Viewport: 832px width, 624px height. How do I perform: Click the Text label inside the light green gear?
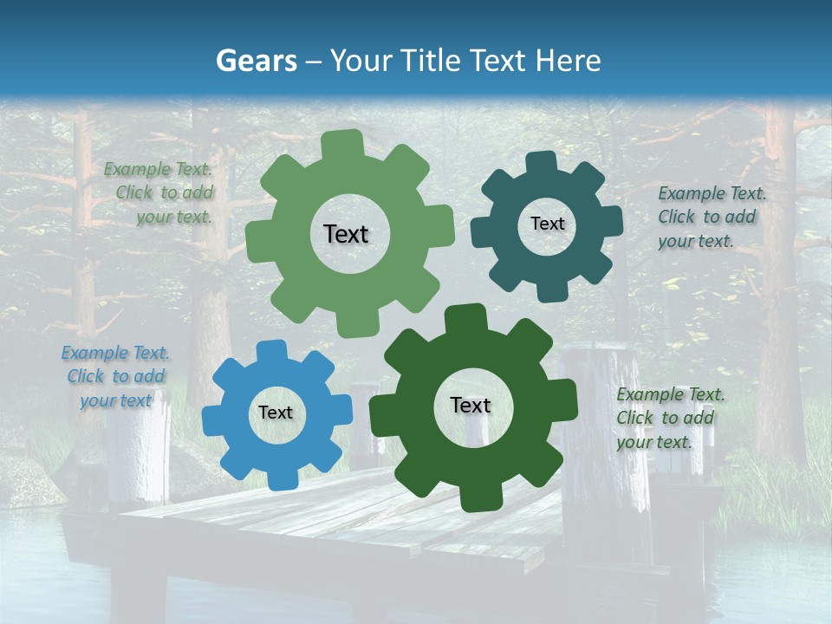pos(346,234)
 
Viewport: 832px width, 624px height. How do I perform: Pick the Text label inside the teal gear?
pos(547,224)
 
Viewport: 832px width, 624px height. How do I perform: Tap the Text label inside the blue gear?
pos(276,413)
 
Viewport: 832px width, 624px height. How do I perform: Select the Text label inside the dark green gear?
pos(471,406)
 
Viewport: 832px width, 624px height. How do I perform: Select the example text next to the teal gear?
pos(712,218)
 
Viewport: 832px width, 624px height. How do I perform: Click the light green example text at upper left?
pos(161,193)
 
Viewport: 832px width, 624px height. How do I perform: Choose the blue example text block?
pos(116,377)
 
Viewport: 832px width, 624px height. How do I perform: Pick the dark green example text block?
pos(670,418)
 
